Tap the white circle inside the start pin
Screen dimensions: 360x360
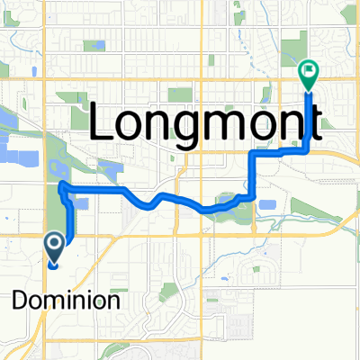[x=52, y=242]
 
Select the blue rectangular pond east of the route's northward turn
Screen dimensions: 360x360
[x=267, y=205]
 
